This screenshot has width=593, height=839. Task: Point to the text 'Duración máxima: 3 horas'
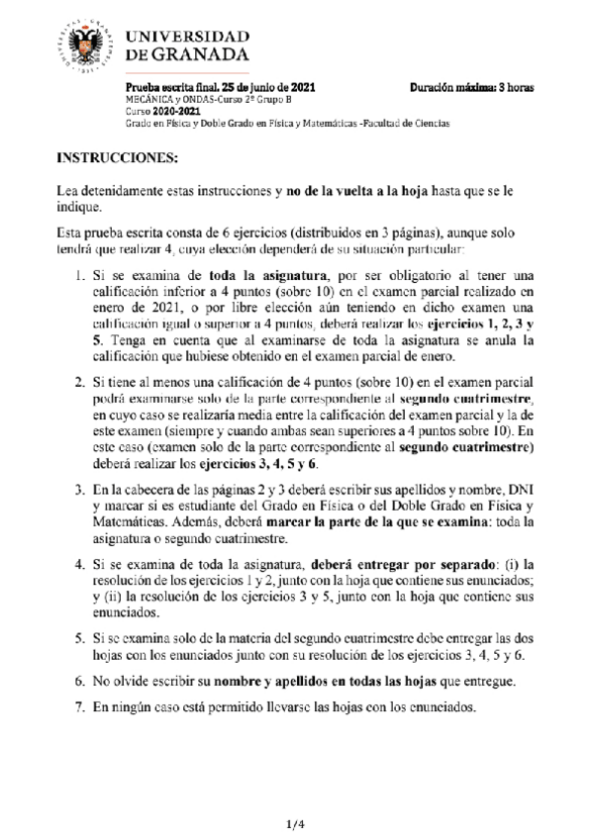pos(471,88)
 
